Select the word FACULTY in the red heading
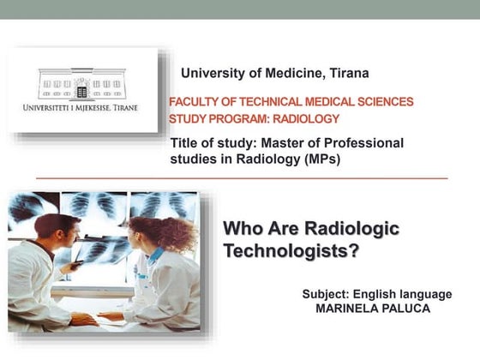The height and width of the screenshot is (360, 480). click(198, 101)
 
